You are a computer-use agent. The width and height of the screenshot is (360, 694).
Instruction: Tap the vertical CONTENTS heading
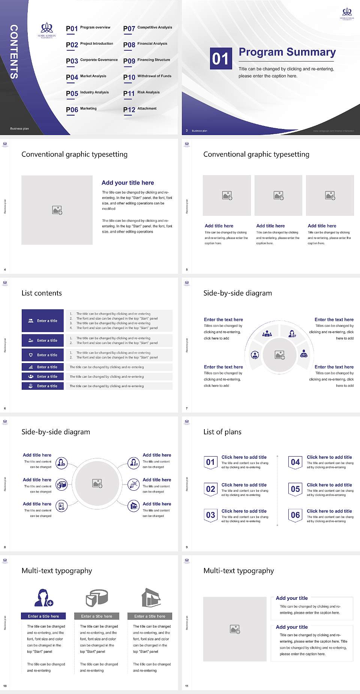pos(14,52)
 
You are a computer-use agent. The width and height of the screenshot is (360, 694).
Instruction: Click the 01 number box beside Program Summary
pos(220,59)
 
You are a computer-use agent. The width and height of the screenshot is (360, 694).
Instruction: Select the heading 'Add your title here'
pos(127,183)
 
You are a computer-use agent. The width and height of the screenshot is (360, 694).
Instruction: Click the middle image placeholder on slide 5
pos(278,195)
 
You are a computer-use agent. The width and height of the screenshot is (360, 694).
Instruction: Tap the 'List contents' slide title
pos(42,293)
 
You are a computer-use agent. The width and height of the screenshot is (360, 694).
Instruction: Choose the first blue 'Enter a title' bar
pos(43,321)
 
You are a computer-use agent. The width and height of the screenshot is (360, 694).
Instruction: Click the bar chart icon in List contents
pos(31,367)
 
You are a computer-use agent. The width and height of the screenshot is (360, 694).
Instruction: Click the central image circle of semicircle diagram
pos(279,355)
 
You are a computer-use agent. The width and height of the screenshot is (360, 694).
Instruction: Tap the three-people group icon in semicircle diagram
pos(267,333)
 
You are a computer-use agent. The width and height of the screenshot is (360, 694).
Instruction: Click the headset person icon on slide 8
pos(133,463)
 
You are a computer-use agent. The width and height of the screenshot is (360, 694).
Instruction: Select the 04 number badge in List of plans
pos(295,462)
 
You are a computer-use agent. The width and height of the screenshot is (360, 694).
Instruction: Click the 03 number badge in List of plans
pos(210,515)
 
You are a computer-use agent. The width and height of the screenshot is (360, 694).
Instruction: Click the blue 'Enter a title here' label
pos(43,616)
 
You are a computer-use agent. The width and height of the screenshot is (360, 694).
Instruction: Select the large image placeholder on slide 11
pos(235,629)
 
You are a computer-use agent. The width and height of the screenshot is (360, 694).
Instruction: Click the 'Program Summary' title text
pos(287,52)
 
